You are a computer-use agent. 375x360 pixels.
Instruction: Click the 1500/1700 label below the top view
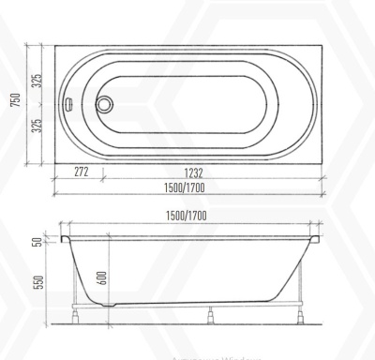pos(186,187)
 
